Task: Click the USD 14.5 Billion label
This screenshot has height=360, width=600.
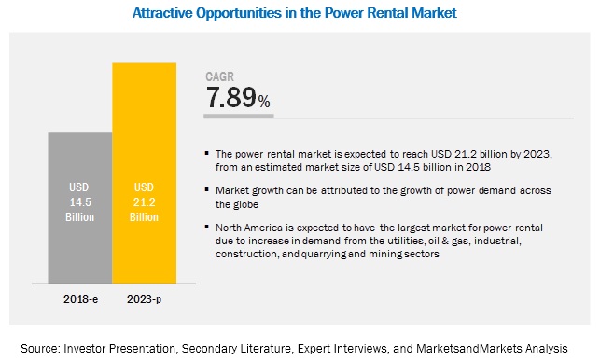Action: (80, 201)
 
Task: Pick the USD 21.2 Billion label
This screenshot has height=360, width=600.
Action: (145, 201)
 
